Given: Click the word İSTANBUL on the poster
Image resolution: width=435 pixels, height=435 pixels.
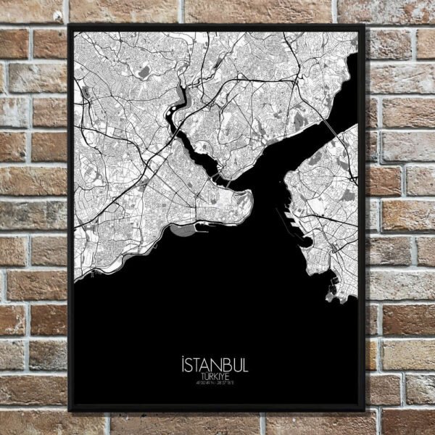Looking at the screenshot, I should pos(217,364).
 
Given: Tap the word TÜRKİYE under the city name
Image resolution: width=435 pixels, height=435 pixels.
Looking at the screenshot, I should pos(217,377).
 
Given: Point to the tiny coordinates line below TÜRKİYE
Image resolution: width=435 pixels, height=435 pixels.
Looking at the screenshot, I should pos(217,384).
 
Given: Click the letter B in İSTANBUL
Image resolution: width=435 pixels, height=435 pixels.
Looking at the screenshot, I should pos(228,364).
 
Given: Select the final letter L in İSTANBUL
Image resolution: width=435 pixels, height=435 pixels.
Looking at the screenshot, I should pos(245,364).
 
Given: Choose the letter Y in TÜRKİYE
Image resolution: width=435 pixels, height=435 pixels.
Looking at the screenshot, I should pos(227,377).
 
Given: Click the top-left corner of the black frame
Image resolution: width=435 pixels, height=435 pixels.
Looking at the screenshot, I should pos(70,26).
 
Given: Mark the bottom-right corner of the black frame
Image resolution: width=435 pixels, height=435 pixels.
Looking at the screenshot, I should pos(364,410).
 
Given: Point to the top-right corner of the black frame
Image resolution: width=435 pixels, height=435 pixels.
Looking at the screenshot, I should pos(364,26).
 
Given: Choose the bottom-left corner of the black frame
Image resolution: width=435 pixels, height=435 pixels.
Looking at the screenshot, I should pos(70,410).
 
